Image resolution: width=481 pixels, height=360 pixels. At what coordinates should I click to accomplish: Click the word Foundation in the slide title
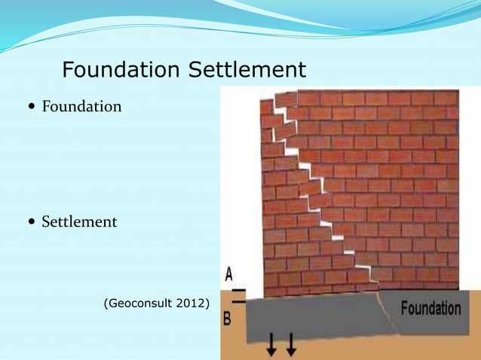[x=121, y=70]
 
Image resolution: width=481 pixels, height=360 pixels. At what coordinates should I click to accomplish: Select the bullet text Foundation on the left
[x=81, y=106]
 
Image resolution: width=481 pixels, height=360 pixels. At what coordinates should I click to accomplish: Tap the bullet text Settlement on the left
[x=79, y=222]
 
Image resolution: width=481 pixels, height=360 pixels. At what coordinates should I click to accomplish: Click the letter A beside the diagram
[x=228, y=273]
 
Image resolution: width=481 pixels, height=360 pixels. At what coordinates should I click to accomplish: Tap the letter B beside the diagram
[x=227, y=319]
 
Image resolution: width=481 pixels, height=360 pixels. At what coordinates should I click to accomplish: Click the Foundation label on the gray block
[x=430, y=308]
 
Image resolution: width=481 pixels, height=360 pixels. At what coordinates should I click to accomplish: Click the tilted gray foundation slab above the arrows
[x=317, y=316]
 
